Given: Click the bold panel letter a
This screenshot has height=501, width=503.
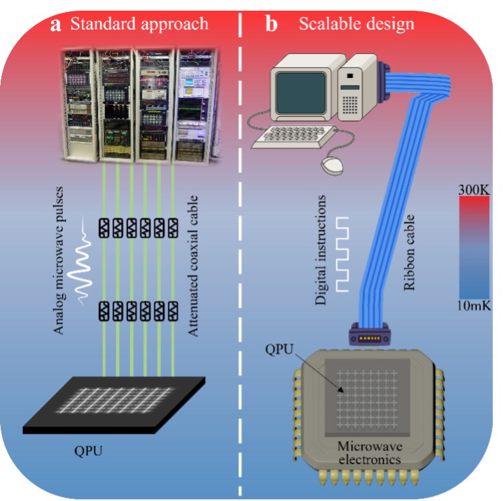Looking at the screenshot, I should point(57,25).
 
